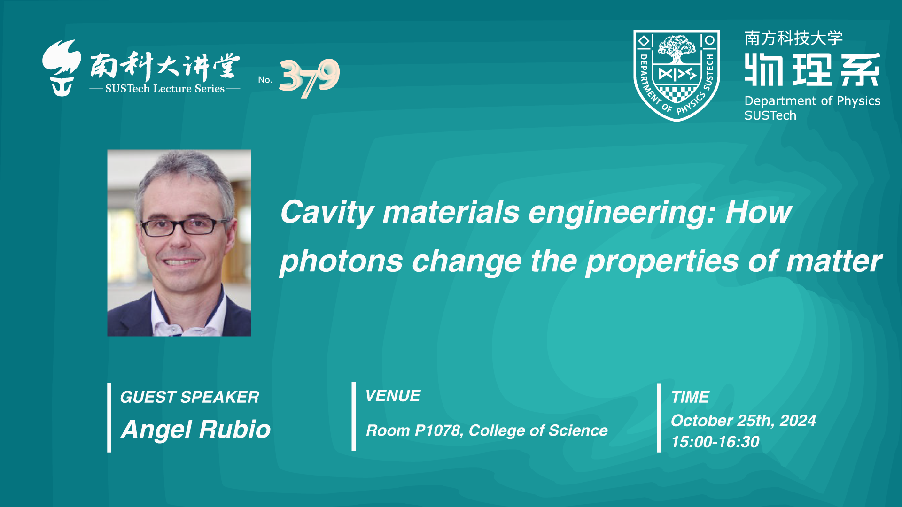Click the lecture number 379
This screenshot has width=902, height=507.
coord(310,78)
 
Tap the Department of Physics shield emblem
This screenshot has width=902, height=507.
coord(676,76)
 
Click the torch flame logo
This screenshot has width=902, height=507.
coord(61,68)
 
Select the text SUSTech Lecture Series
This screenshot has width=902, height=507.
coord(165,88)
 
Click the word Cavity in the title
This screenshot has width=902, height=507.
coord(327,213)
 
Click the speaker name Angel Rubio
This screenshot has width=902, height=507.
coord(196,429)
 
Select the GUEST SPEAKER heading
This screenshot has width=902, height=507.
coord(189,397)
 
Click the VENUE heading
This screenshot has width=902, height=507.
coord(393,396)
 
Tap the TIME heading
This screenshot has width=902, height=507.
coord(690,397)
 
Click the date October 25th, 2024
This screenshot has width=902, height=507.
coord(743,421)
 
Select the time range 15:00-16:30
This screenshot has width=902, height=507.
coord(715,442)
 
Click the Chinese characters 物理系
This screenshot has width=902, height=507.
coord(812,69)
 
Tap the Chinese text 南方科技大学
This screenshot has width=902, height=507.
coord(793,38)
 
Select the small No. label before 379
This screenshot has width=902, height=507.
coord(265,80)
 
